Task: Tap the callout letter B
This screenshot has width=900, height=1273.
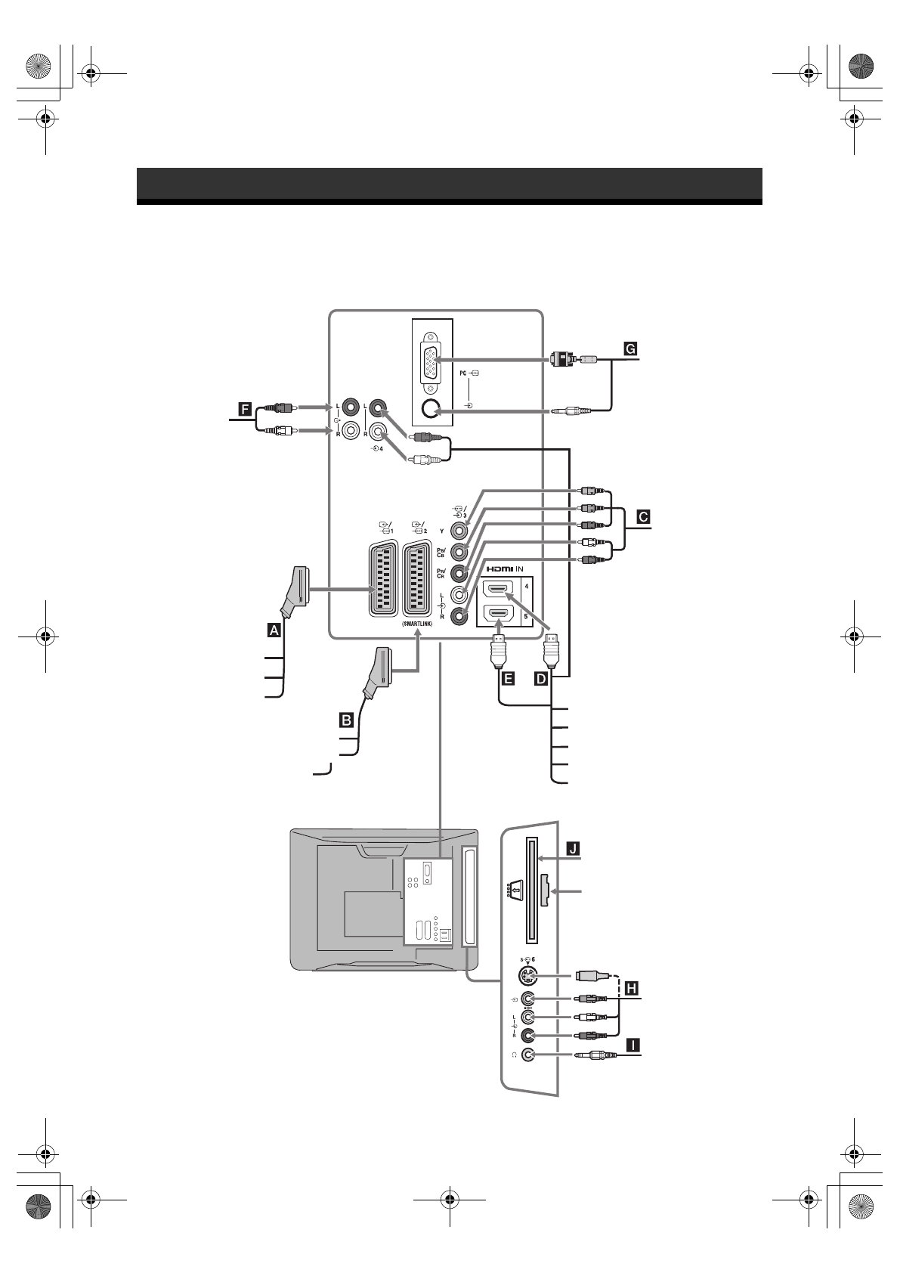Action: [x=347, y=720]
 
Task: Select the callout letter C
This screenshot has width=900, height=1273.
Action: [x=643, y=518]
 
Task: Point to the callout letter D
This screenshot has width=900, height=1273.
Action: [x=541, y=678]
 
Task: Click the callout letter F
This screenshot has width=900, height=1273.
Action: [x=244, y=410]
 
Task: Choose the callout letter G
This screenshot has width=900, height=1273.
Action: [x=629, y=348]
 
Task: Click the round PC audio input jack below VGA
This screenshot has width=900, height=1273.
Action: [x=431, y=409]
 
